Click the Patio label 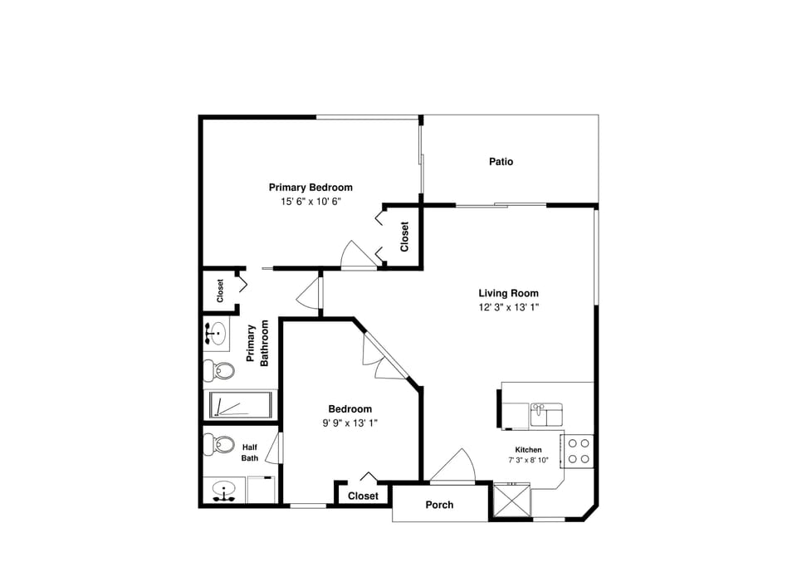click(501, 162)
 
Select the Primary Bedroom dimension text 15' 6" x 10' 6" click(310, 201)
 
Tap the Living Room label click(508, 293)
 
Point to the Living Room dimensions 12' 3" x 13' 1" click(508, 306)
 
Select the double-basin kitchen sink click(545, 413)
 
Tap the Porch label click(439, 505)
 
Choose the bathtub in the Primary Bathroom click(238, 405)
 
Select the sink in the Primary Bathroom click(216, 333)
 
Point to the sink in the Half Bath click(222, 491)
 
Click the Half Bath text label click(250, 452)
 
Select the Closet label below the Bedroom click(363, 496)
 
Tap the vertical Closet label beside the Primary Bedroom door click(404, 237)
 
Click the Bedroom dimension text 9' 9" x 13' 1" click(350, 423)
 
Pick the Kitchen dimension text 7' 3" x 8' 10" click(528, 460)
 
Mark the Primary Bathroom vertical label click(257, 343)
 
